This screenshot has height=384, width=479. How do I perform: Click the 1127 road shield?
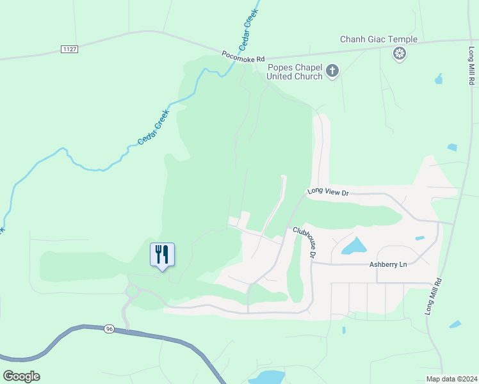click(70, 49)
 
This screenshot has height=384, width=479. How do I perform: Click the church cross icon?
click(332, 70)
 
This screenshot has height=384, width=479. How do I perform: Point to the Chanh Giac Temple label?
click(378, 40)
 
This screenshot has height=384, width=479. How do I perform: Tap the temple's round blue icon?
click(400, 54)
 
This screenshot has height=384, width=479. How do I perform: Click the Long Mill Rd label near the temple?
click(471, 62)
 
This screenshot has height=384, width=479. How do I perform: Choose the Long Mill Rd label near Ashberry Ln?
click(434, 295)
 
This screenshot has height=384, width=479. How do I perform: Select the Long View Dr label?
click(327, 191)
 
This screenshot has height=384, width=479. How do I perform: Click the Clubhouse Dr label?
click(305, 243)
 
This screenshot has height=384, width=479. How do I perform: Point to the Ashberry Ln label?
click(389, 264)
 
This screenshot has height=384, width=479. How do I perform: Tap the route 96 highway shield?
click(108, 329)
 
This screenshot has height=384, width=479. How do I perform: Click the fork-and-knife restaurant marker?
click(162, 254)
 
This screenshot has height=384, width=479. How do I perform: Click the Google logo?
click(21, 376)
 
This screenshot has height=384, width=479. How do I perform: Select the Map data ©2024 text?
click(451, 378)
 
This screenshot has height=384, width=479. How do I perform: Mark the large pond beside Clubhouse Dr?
click(353, 246)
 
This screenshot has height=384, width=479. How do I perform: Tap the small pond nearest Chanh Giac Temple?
click(438, 79)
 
